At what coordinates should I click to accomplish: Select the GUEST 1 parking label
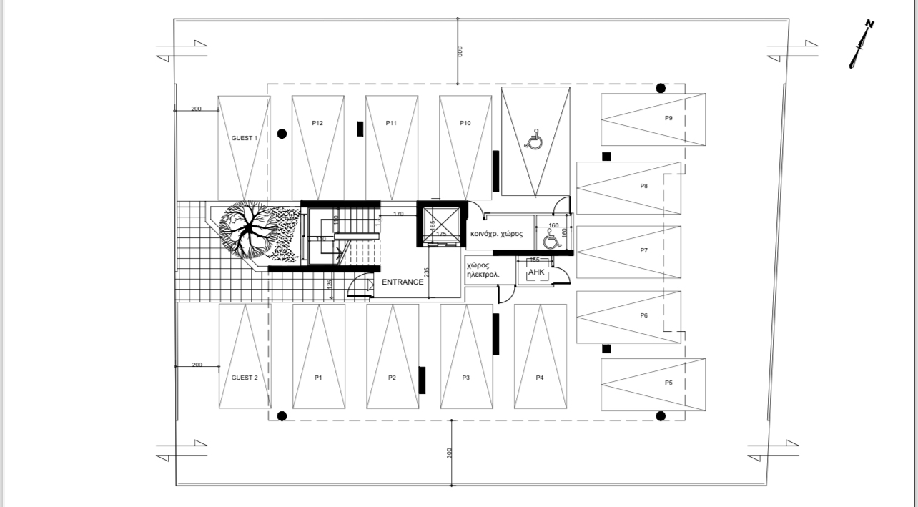244,138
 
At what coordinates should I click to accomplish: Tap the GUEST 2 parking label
244,378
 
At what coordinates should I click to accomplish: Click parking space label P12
317,123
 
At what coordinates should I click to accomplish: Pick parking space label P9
668,118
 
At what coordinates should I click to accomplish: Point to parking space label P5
668,383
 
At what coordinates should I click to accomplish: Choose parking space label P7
644,250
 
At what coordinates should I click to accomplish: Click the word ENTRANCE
403,282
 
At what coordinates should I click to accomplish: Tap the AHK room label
536,273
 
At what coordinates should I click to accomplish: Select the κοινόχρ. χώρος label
497,234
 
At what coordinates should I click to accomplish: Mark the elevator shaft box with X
441,223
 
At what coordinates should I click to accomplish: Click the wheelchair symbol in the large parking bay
534,141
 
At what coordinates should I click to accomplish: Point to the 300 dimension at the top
460,51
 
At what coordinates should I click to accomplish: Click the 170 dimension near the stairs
399,213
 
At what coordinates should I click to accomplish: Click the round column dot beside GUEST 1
282,133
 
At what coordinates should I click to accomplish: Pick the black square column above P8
606,157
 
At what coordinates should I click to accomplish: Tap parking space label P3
465,378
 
